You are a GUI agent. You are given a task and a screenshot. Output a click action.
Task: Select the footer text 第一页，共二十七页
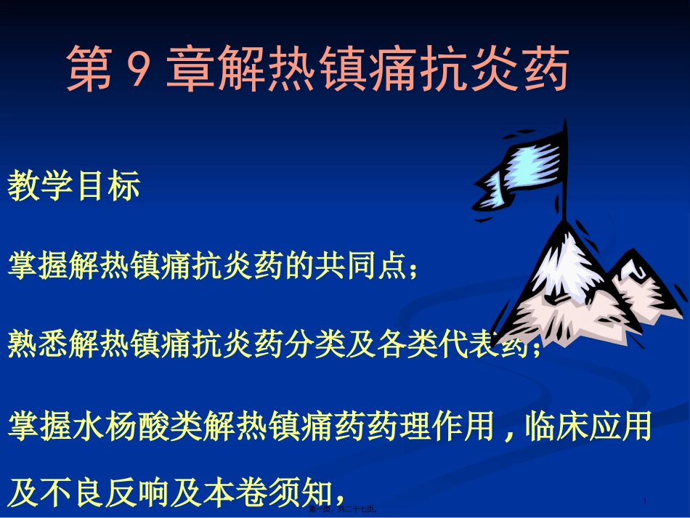(x=345, y=511)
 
